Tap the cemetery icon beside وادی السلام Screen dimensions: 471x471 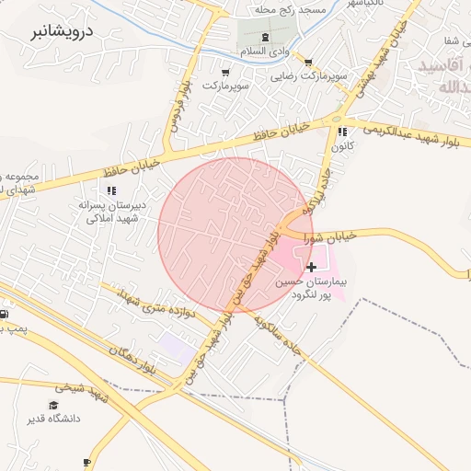(265, 37)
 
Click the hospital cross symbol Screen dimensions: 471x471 (311, 267)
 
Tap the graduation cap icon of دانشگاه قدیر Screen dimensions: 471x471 (55, 405)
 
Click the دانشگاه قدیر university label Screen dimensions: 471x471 (58, 419)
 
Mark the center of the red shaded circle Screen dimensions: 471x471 (235, 235)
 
